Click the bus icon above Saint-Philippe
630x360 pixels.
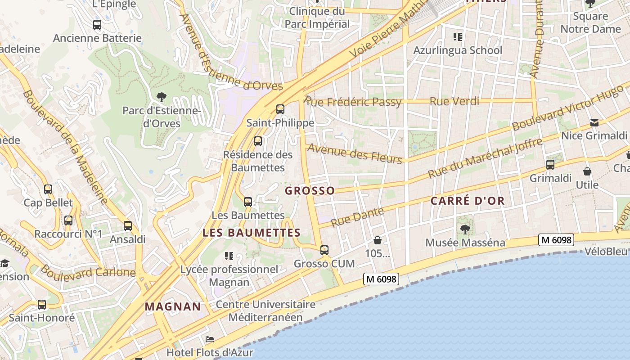pyautogui.click(x=280, y=109)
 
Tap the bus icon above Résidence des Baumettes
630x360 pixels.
pyautogui.click(x=258, y=141)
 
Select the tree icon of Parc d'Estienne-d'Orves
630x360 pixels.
pyautogui.click(x=161, y=97)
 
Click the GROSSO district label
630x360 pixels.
pyautogui.click(x=310, y=191)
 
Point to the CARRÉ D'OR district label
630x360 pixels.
pyautogui.click(x=468, y=201)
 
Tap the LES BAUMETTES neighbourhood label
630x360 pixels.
pyautogui.click(x=252, y=233)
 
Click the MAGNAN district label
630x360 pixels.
pyautogui.click(x=173, y=307)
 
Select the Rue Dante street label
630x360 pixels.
pyautogui.click(x=357, y=216)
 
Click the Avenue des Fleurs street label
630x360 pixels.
pyautogui.click(x=355, y=153)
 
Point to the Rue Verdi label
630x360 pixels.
pyautogui.click(x=454, y=101)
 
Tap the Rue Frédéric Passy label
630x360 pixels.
pyautogui.click(x=353, y=102)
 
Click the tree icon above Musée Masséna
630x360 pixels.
pyautogui.click(x=465, y=229)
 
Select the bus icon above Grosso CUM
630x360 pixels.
pyautogui.click(x=324, y=250)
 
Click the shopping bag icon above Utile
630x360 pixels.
pyautogui.click(x=587, y=171)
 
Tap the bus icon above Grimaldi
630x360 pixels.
pyautogui.click(x=550, y=165)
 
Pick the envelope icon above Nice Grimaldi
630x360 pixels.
pyautogui.click(x=594, y=123)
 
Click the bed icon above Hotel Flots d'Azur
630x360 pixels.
pyautogui.click(x=209, y=339)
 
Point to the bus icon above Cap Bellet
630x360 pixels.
pyautogui.click(x=48, y=189)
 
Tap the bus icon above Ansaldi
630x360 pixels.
pyautogui.click(x=128, y=226)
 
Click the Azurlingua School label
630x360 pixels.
pyautogui.click(x=458, y=50)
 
